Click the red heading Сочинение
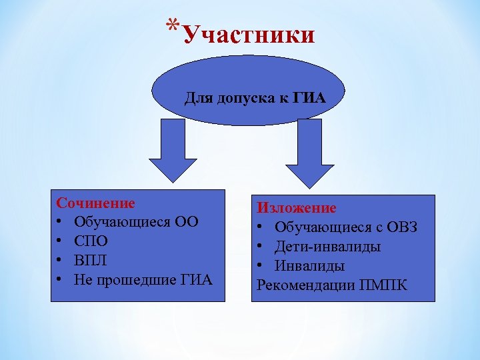click(95, 203)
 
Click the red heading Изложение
click(297, 209)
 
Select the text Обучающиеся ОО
click(136, 221)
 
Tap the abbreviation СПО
click(91, 241)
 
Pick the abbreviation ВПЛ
click(91, 260)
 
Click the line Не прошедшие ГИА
click(143, 279)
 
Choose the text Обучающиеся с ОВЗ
click(346, 227)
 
